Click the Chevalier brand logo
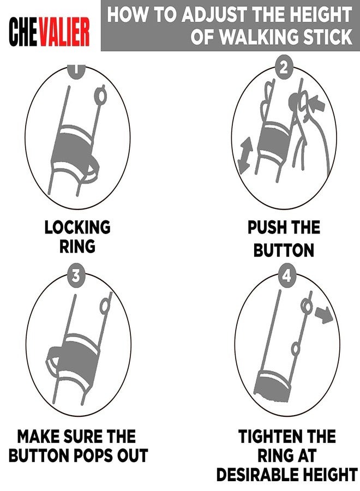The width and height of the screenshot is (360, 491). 49,31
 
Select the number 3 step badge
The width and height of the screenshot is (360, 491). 76,276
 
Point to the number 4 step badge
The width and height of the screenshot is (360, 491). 287,276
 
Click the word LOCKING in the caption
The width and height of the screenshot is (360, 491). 77,227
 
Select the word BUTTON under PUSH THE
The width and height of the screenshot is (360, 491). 284,250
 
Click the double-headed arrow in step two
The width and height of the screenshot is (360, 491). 245,155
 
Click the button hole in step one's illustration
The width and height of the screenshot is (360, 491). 100,97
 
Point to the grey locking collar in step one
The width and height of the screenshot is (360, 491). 74,152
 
